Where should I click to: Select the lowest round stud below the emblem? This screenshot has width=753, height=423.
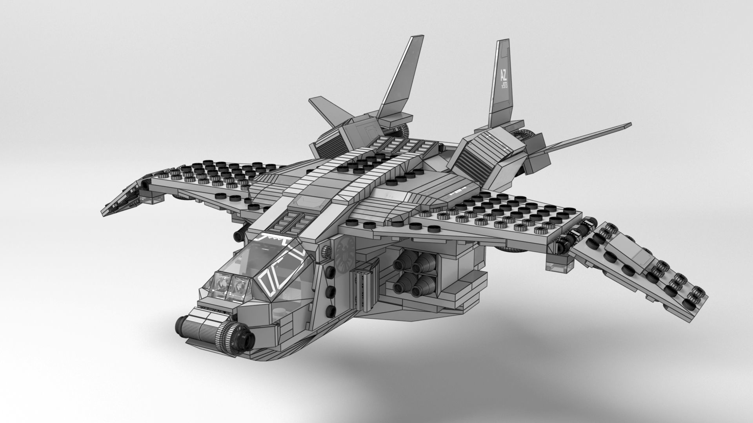click(331, 311)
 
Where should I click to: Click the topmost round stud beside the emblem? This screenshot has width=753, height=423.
click(326, 253)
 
